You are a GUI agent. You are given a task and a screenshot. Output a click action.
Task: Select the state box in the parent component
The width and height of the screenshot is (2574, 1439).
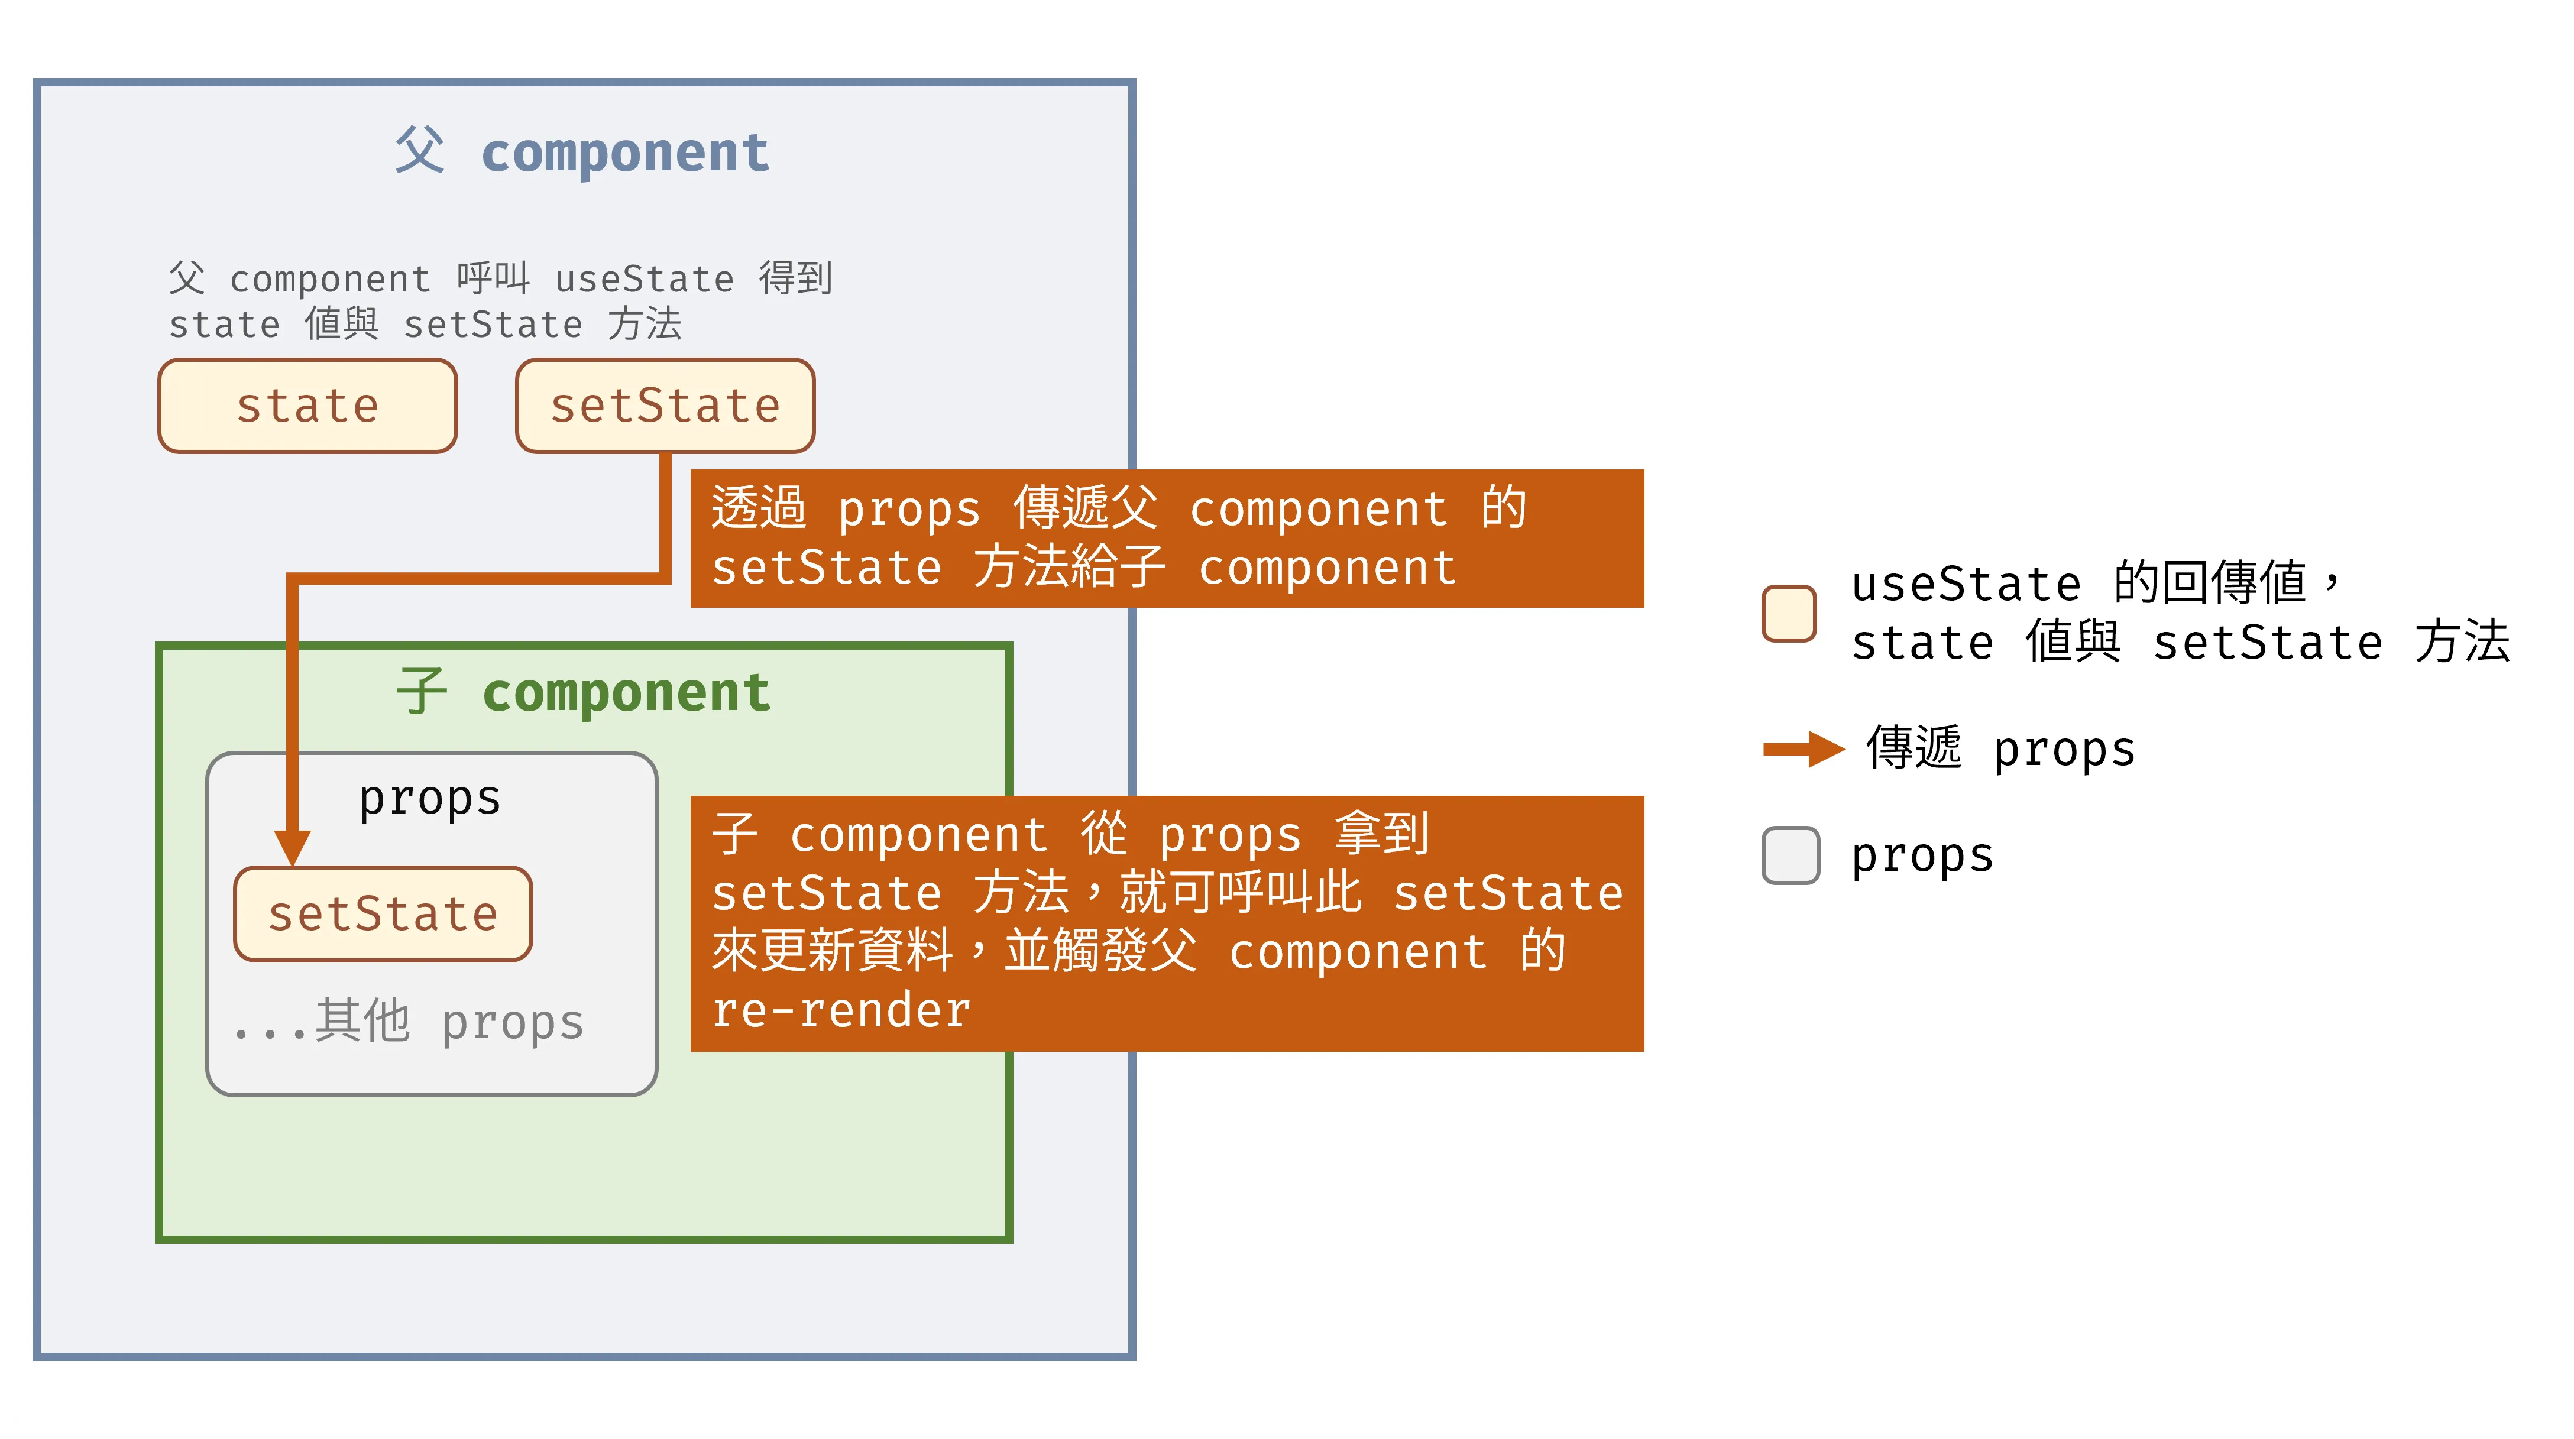pyautogui.click(x=307, y=406)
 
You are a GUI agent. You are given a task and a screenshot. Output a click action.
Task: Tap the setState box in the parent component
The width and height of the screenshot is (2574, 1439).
pyautogui.click(x=665, y=406)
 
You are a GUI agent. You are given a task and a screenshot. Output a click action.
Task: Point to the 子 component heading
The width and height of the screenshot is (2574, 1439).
pyautogui.click(x=584, y=692)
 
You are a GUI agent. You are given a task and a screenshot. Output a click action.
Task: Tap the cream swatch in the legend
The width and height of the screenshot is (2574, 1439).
pyautogui.click(x=1789, y=612)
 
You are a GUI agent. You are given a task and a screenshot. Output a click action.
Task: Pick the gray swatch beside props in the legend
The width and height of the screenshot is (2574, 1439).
pyautogui.click(x=1791, y=855)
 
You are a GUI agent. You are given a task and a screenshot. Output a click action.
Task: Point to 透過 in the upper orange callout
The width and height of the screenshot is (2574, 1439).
pyautogui.click(x=759, y=508)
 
